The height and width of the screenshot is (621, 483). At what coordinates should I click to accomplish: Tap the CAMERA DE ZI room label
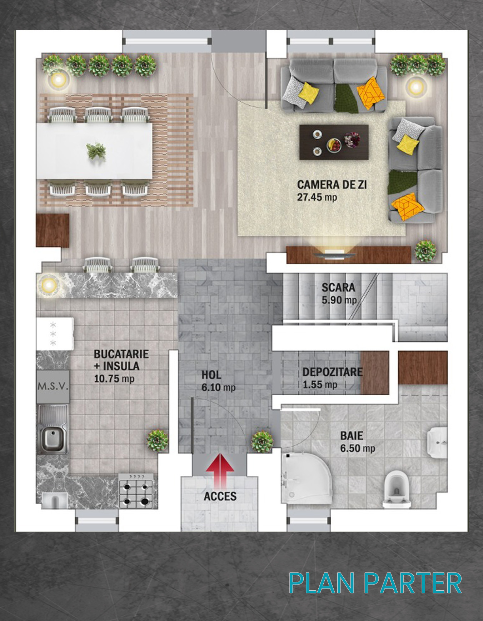[332, 185]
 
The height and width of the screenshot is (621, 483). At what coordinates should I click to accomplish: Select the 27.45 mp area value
[317, 197]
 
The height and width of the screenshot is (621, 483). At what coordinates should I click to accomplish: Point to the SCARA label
[338, 287]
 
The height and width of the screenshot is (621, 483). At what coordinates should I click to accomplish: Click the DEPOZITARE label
[333, 372]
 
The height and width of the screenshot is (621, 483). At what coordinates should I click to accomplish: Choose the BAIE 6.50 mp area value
[358, 448]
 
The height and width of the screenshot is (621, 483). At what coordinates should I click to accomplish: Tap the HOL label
[211, 375]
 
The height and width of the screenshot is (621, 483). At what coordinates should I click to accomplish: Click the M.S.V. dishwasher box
[53, 386]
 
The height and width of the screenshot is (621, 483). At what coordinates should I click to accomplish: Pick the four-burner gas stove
[136, 491]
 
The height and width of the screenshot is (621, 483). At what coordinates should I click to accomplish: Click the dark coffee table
[334, 142]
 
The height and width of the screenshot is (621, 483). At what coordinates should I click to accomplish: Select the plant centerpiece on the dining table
[96, 151]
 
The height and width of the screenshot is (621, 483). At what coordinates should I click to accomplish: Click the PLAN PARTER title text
[375, 583]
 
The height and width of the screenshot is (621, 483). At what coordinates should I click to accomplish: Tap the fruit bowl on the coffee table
[334, 145]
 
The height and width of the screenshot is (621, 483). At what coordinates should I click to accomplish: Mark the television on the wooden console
[334, 254]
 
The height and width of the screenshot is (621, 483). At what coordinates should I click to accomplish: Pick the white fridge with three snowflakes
[55, 334]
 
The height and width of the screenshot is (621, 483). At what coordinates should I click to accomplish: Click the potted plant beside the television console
[425, 251]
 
